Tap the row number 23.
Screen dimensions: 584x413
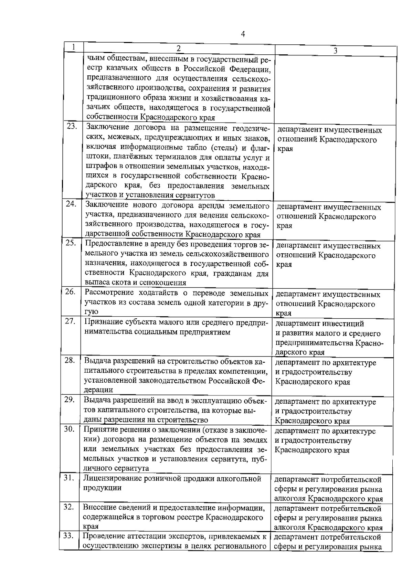(x=72, y=126)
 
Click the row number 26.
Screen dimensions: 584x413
(x=70, y=292)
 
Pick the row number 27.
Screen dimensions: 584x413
(x=70, y=321)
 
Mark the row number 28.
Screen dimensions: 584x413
(x=70, y=360)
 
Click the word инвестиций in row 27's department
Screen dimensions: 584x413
(x=343, y=324)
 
